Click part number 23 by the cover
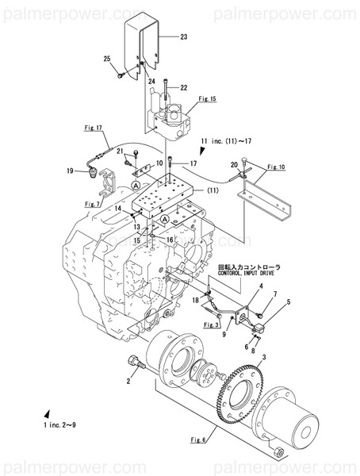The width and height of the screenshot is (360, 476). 184,37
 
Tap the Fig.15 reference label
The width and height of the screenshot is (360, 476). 208,99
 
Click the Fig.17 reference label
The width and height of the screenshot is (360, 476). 94,127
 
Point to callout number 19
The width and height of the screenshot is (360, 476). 70,171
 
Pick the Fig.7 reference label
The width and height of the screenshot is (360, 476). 94,204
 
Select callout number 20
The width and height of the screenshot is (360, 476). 234,164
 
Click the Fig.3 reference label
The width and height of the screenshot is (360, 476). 211,324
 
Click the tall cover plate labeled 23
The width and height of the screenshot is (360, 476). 147,44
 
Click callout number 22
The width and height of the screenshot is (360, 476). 183,87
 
